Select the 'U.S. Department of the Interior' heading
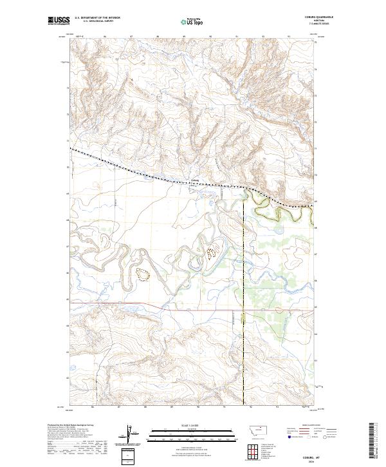97,18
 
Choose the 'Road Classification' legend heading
302,426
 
